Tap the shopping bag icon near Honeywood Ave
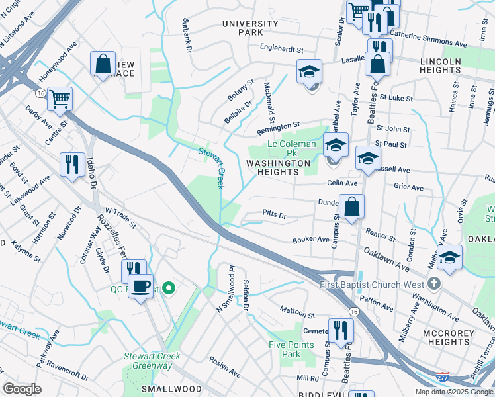click(103, 65)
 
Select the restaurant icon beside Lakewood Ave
click(73, 164)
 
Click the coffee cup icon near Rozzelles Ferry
click(140, 287)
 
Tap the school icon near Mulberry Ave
click(449, 258)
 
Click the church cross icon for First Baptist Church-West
click(434, 284)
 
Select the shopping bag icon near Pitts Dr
click(353, 207)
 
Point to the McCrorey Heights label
click(458, 337)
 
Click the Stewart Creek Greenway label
click(152, 361)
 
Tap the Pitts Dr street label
click(273, 216)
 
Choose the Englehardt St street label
click(281, 49)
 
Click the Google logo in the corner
click(22, 388)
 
